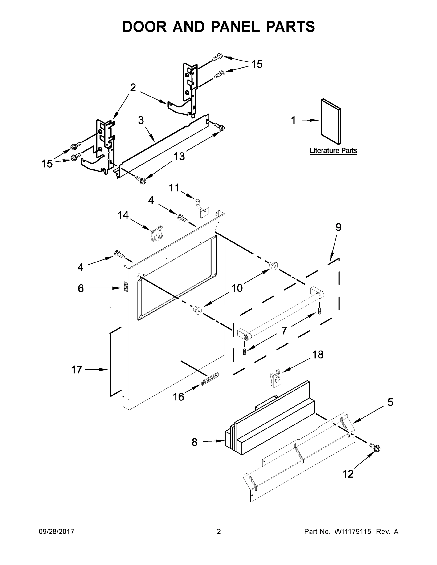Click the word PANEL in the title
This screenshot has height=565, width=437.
pos(235,27)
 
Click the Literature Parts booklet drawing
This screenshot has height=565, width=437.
pos(331,121)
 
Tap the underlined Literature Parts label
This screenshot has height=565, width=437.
pos(333,151)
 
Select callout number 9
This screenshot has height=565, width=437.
pos(338,227)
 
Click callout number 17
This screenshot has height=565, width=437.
pos(77,370)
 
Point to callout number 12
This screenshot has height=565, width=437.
pos(348,474)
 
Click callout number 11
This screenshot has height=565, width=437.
pos(174,188)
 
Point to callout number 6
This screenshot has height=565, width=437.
pos(81,288)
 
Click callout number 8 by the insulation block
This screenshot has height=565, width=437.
pos(194,442)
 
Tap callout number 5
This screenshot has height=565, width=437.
pos(390,402)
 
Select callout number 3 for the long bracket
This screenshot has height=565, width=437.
pos(141,120)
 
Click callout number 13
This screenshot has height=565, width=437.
pos(179,156)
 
